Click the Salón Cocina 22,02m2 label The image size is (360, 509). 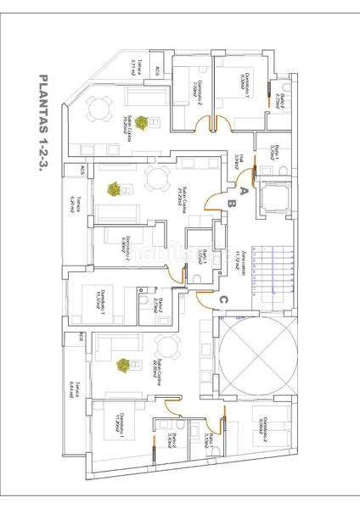[x=158, y=371]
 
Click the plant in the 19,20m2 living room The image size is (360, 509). [x=139, y=123]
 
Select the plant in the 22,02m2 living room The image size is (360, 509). [x=123, y=365]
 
